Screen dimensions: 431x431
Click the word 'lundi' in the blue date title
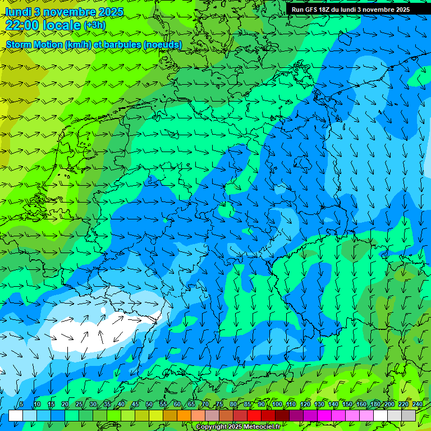click(18, 12)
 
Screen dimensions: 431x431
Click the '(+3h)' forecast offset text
click(94, 25)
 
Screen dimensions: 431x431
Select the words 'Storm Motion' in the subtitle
click(34, 44)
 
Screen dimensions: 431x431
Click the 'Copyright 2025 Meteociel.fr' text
click(238, 427)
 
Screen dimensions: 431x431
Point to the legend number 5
click(21, 405)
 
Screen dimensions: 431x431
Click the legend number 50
click(149, 405)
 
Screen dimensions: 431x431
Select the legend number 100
click(277, 405)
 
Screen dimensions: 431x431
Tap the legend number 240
click(417, 405)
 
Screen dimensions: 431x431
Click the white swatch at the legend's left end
click(15, 415)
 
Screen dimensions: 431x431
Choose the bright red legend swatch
click(254, 415)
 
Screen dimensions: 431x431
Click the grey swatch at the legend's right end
click(409, 415)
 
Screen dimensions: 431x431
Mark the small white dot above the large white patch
click(103, 310)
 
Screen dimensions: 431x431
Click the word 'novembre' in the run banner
click(377, 10)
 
